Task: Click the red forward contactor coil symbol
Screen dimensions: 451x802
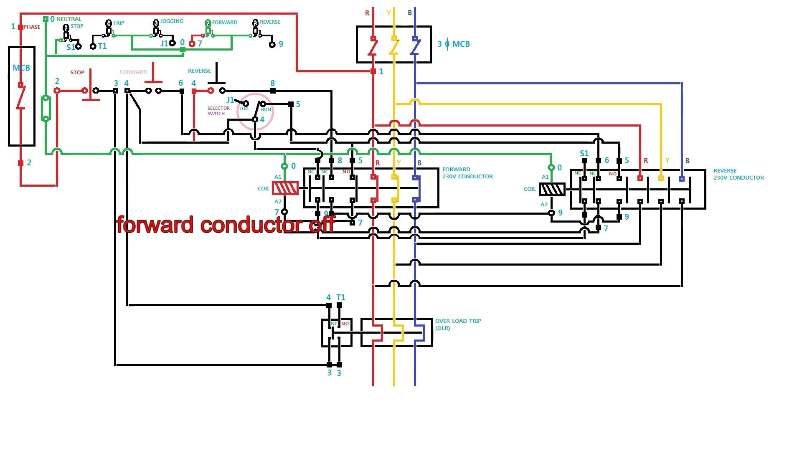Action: pyautogui.click(x=285, y=188)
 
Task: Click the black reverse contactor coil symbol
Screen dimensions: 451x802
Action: pyautogui.click(x=552, y=190)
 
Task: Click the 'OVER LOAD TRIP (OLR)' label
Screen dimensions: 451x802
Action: pyautogui.click(x=458, y=324)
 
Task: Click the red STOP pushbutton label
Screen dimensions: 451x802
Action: pyautogui.click(x=77, y=73)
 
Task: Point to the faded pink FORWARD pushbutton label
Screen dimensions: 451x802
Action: pyautogui.click(x=133, y=72)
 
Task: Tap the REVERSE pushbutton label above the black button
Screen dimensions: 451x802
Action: pyautogui.click(x=199, y=71)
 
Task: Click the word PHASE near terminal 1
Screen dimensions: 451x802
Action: pyautogui.click(x=32, y=27)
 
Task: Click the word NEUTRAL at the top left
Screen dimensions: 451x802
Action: pyautogui.click(x=69, y=19)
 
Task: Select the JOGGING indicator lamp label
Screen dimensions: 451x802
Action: pyautogui.click(x=172, y=21)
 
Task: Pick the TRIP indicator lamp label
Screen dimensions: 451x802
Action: pyautogui.click(x=119, y=23)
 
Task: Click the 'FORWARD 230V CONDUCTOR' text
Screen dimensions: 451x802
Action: pyautogui.click(x=467, y=173)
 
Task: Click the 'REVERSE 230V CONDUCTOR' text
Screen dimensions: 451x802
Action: pyautogui.click(x=738, y=174)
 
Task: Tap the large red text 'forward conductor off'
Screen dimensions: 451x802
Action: pyautogui.click(x=226, y=225)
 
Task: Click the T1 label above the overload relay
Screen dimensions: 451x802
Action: pyautogui.click(x=341, y=297)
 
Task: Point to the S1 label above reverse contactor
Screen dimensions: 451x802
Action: pyautogui.click(x=584, y=153)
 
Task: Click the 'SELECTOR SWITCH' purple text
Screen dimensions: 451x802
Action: pyautogui.click(x=218, y=111)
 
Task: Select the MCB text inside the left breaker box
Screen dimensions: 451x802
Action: pyautogui.click(x=21, y=68)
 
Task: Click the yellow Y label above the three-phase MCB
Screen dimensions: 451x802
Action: pyautogui.click(x=388, y=13)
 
